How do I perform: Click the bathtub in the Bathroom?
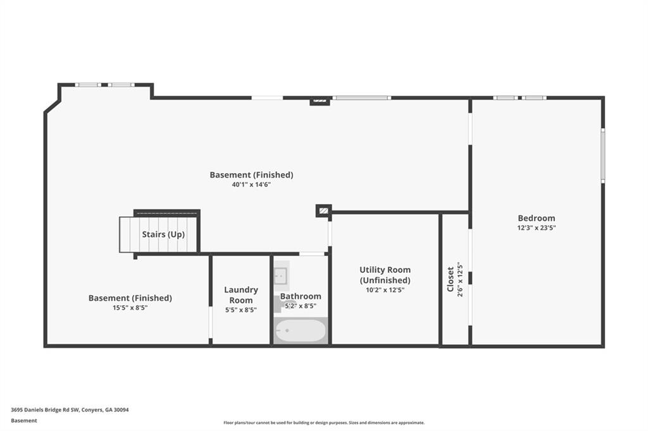click(x=301, y=331)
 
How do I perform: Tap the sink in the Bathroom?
click(x=281, y=276)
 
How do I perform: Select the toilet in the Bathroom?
click(x=280, y=304)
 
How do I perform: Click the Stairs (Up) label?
click(x=163, y=234)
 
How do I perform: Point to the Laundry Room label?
click(x=241, y=295)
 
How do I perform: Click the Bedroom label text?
click(x=536, y=219)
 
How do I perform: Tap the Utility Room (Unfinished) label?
click(x=385, y=275)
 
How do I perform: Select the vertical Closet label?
click(x=451, y=279)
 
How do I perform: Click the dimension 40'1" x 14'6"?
click(x=251, y=185)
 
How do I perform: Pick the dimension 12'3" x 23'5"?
click(x=536, y=228)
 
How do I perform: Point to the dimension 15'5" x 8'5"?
click(x=130, y=308)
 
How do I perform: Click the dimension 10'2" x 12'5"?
click(x=385, y=290)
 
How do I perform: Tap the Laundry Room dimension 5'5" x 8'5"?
click(x=241, y=310)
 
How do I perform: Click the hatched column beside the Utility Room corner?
click(x=323, y=210)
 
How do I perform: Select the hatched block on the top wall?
click(x=320, y=100)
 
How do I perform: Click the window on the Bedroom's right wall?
click(x=602, y=155)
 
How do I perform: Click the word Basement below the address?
click(x=24, y=420)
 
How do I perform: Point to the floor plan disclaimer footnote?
click(x=323, y=423)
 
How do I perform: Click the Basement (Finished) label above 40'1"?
click(x=251, y=174)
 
